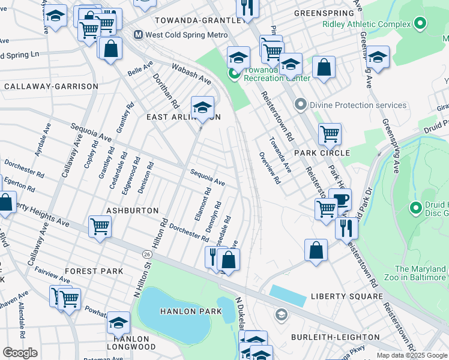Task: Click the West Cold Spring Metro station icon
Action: [138, 35]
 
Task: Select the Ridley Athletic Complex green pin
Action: [420, 24]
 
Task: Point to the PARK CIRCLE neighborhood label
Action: [327, 153]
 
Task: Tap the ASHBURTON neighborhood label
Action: [132, 211]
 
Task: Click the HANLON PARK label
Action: [190, 311]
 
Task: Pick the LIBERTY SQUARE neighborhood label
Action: [346, 296]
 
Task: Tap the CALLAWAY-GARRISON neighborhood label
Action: [50, 86]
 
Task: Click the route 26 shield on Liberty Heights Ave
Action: [147, 256]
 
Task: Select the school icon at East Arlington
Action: [202, 107]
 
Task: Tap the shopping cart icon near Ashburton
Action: [100, 226]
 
